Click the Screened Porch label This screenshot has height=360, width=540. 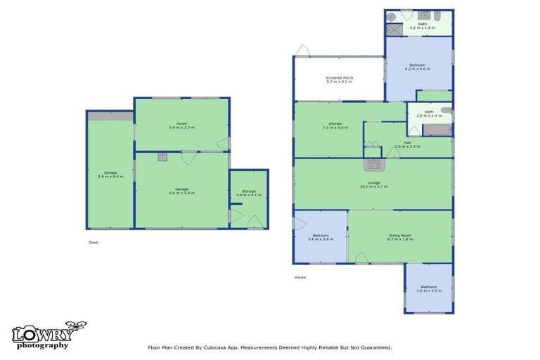pyautogui.click(x=339, y=77)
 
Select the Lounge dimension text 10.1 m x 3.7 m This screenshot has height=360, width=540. pyautogui.click(x=373, y=187)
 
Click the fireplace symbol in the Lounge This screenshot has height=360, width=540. pyautogui.click(x=373, y=165)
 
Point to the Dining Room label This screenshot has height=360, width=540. pyautogui.click(x=399, y=235)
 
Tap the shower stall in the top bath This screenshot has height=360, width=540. pyautogui.click(x=395, y=30)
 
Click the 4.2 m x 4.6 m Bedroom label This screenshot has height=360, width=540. pyautogui.click(x=418, y=65)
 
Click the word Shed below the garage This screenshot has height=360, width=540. pyautogui.click(x=93, y=242)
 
